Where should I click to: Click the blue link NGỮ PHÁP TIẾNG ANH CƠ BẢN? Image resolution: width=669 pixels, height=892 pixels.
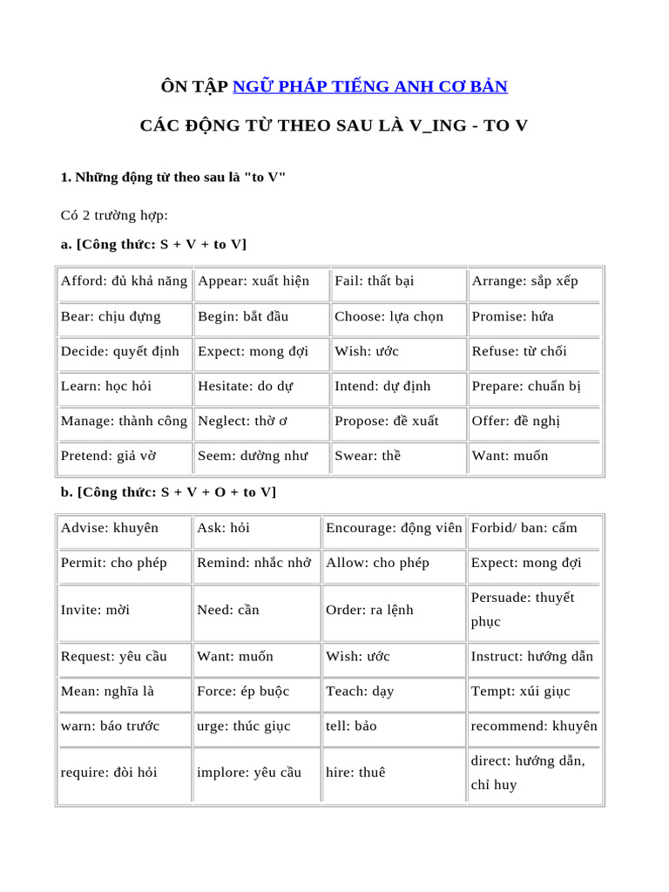click(370, 86)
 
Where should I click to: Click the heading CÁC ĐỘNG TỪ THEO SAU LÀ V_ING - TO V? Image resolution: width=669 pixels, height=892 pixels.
click(334, 125)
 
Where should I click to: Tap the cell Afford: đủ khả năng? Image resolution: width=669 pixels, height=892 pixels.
click(124, 281)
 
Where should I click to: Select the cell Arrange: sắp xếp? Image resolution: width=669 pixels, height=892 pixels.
click(524, 281)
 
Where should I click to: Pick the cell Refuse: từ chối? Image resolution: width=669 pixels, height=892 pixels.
click(519, 351)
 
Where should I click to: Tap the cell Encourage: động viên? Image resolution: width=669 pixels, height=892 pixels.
click(394, 528)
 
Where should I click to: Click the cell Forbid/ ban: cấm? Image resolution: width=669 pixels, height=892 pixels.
click(524, 528)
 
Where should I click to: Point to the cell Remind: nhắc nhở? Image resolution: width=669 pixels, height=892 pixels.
click(253, 563)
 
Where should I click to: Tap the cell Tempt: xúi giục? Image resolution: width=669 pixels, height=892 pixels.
click(521, 692)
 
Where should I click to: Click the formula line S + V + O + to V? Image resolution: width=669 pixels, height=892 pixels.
click(168, 492)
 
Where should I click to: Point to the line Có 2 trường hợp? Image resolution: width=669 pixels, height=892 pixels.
click(114, 215)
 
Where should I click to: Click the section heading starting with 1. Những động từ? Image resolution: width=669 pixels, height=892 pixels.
click(173, 178)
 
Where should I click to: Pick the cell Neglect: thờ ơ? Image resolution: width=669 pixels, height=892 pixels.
click(243, 421)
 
